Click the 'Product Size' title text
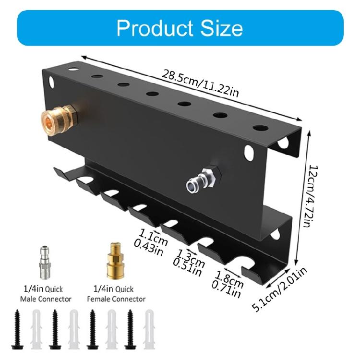[180, 28]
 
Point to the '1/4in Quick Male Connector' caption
[46, 294]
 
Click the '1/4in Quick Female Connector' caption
[116, 294]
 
